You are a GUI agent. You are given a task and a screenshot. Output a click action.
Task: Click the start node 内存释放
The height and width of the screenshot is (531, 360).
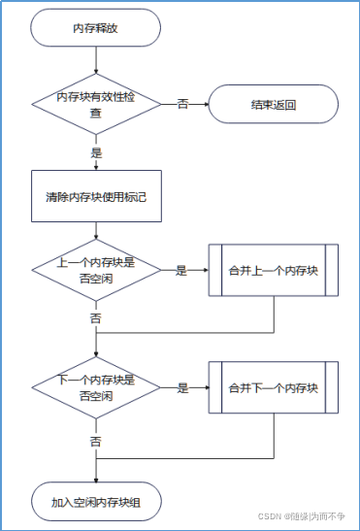pos(95,28)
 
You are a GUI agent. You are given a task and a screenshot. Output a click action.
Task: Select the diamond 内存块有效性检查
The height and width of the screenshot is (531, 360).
pos(95,104)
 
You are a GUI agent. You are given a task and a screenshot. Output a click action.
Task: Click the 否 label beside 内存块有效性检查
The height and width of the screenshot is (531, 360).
pos(182,104)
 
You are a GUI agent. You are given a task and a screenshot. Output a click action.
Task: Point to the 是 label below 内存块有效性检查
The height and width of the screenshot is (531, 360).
pos(96,152)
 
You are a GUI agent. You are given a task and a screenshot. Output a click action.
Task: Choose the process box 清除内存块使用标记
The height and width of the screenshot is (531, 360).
pos(95,196)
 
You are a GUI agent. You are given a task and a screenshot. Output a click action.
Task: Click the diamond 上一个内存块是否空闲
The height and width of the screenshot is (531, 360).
pos(95,269)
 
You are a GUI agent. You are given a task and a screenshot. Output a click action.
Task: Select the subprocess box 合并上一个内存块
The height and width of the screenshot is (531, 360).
pos(273,269)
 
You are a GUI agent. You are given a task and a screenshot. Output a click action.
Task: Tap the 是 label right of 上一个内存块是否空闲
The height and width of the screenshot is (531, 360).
pos(181,270)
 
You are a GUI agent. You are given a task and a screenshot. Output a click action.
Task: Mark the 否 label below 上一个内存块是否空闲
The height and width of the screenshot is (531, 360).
pos(96,317)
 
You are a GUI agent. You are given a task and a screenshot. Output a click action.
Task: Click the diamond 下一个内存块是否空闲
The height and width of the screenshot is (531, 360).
pos(95,387)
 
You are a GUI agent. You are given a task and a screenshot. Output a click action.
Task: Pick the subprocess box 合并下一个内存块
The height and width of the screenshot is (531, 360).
pos(273,387)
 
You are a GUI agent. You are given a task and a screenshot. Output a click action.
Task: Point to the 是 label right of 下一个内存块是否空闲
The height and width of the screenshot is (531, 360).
pos(181,388)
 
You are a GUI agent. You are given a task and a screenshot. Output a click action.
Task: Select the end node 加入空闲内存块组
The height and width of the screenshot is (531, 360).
pos(95,502)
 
